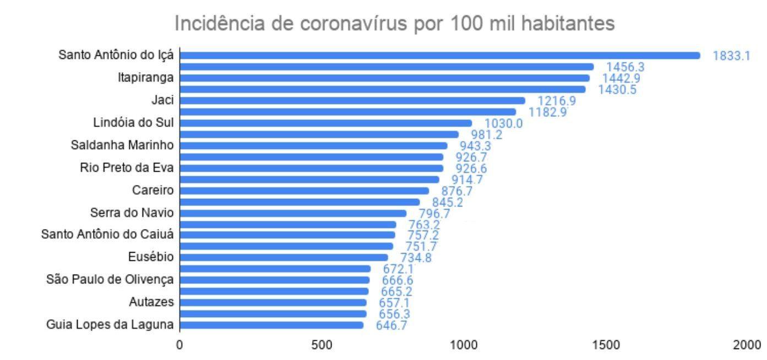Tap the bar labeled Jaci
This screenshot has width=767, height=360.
click(x=352, y=100)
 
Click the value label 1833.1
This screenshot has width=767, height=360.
click(x=731, y=56)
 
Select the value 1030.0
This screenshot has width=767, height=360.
click(x=503, y=124)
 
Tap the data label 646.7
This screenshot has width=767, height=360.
click(x=394, y=325)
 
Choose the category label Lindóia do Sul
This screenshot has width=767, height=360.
click(x=133, y=122)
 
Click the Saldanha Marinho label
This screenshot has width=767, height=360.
click(x=122, y=145)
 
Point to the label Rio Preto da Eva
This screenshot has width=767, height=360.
click(x=127, y=167)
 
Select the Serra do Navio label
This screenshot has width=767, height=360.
click(x=132, y=212)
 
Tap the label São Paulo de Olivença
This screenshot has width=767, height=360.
click(x=110, y=280)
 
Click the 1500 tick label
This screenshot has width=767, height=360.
click(x=605, y=345)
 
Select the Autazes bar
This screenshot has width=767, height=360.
click(x=273, y=302)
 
